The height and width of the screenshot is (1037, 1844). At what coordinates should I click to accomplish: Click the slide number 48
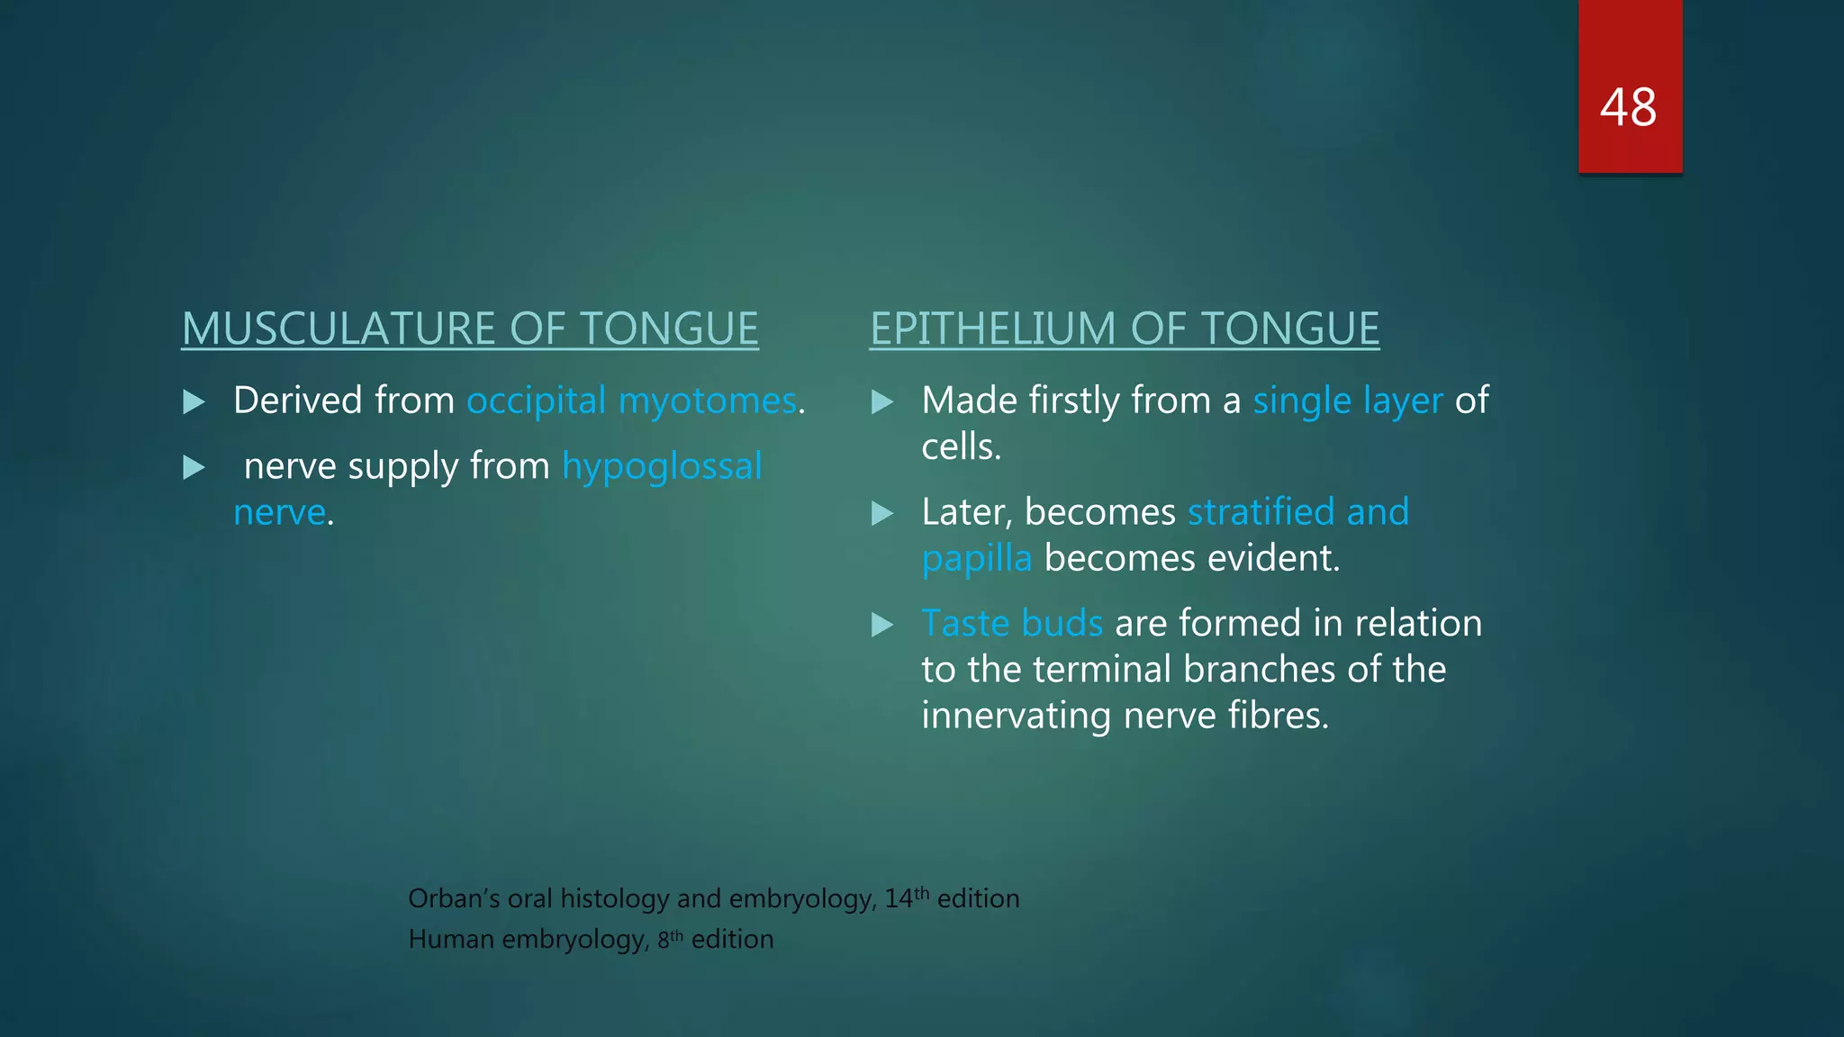pos(1628,108)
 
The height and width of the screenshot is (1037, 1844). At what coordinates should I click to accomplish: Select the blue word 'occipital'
pos(536,401)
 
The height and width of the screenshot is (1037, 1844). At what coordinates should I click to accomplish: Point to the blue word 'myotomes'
pos(708,401)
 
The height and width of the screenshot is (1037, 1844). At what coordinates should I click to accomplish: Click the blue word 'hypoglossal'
pos(662,466)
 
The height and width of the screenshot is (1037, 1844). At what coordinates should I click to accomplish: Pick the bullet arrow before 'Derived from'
pos(194,401)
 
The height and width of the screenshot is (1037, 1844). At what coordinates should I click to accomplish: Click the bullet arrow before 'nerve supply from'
pos(194,467)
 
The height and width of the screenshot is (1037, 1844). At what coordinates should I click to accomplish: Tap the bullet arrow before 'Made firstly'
pos(882,401)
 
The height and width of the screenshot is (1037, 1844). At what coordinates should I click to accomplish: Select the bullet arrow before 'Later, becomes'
pos(882,513)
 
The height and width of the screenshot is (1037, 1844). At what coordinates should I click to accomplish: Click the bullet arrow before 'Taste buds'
pos(882,625)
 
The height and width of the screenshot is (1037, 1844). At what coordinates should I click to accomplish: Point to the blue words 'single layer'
pos(1347,401)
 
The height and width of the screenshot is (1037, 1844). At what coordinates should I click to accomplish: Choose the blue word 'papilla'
pos(976,559)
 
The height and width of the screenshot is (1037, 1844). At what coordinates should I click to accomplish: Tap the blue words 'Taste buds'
pos(1012,624)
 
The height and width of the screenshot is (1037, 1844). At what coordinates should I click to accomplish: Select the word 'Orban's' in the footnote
pos(453,898)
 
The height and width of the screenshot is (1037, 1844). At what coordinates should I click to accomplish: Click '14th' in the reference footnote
pos(906,897)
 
